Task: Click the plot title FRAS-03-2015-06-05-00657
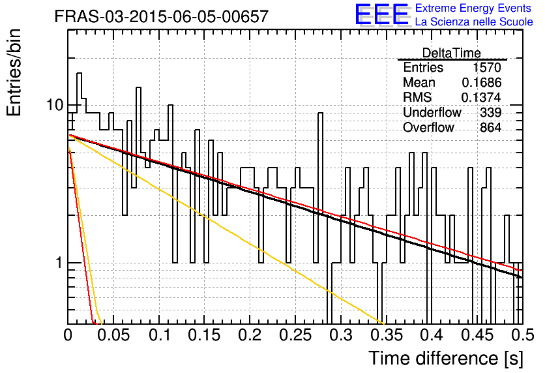tap(162, 16)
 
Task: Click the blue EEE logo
tap(381, 14)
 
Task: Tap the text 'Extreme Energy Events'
tap(473, 8)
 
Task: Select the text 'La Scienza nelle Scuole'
tap(474, 22)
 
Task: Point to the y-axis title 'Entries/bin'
tap(14, 72)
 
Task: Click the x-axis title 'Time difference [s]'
tap(446, 358)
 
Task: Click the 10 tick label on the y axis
tap(55, 104)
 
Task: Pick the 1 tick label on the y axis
tap(59, 263)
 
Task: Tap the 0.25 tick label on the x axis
tap(295, 335)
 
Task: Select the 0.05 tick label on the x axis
tap(113, 335)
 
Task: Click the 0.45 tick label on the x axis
tap(478, 335)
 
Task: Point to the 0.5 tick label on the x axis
tap(522, 335)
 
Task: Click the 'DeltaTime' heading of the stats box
tap(451, 53)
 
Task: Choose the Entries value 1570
tap(486, 67)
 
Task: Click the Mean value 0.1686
tap(481, 82)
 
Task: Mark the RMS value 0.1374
tap(481, 97)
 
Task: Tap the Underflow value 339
tap(490, 112)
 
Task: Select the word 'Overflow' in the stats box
tap(428, 127)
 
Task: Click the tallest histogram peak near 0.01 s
tap(80, 73)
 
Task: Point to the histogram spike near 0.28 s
tap(321, 113)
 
